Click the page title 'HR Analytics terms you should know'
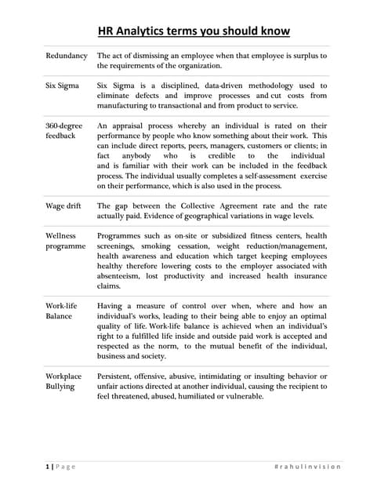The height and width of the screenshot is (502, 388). pos(194,31)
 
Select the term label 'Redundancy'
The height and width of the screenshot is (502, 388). pos(67,56)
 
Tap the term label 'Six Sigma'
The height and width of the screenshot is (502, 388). pos(63,85)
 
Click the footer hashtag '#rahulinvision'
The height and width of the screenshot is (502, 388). pos(308,467)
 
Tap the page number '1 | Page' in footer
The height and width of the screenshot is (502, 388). pos(60,467)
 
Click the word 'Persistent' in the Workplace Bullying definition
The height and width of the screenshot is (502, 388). pos(118,376)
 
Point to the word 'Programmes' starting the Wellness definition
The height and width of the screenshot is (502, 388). pos(122,235)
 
